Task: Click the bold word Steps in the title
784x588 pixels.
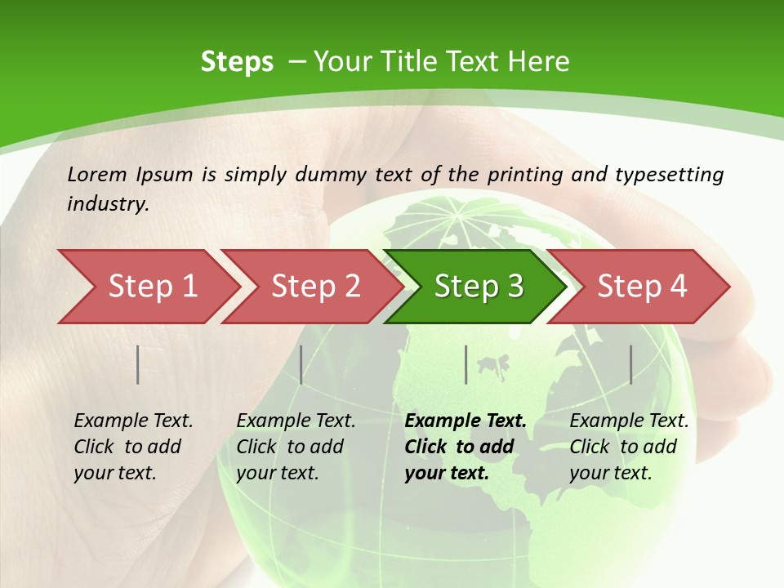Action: tap(237, 61)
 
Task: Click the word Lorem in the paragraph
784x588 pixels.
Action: tap(96, 174)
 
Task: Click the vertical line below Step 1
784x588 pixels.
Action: tap(138, 364)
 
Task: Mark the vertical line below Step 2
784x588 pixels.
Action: tap(301, 364)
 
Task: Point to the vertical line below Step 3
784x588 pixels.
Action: tap(465, 364)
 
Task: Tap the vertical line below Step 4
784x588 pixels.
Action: tap(630, 364)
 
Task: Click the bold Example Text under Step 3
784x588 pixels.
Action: tap(465, 421)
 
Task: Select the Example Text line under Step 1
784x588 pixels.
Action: tap(133, 421)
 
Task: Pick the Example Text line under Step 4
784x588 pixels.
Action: tap(629, 421)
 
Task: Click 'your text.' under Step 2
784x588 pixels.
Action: tap(277, 473)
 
